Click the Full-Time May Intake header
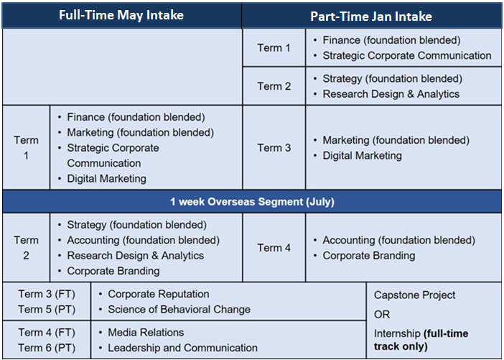(121, 15)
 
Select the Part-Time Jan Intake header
(371, 17)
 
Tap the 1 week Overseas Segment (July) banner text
(252, 202)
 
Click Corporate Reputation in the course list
(159, 294)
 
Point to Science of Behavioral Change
(179, 310)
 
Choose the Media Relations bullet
(146, 332)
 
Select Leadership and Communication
(182, 348)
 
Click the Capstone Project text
(415, 295)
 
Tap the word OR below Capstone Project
(382, 314)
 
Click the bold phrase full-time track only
(421, 340)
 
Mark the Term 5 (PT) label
(47, 310)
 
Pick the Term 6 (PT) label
(47, 348)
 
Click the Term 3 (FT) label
(47, 294)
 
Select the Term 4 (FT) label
(47, 332)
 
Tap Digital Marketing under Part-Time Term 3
(363, 156)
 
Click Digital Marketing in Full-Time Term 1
(107, 178)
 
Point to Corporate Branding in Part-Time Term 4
(369, 256)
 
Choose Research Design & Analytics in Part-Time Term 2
(391, 94)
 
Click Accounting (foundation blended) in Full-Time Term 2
(144, 240)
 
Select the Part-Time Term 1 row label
(274, 48)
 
